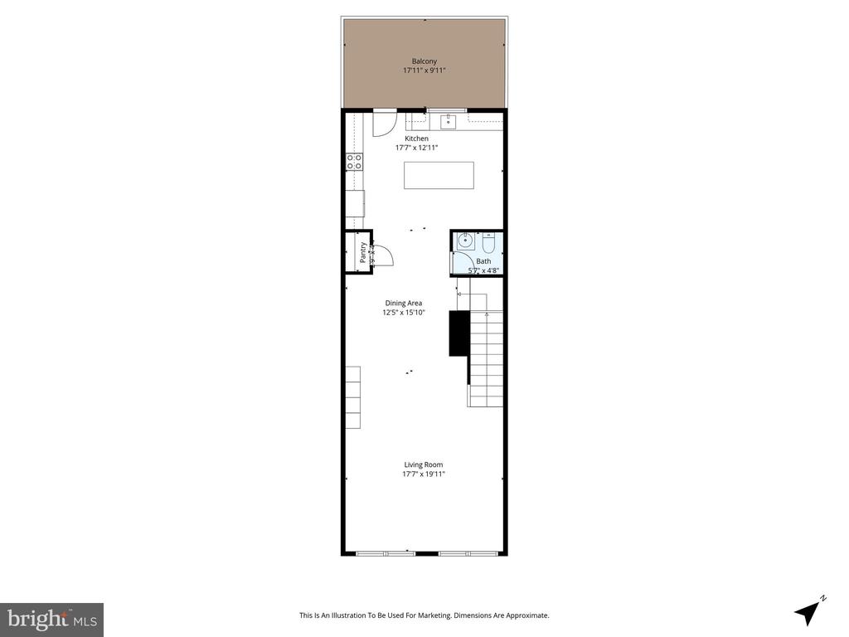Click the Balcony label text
[424, 61]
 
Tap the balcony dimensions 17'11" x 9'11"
[424, 71]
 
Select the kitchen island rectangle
[439, 175]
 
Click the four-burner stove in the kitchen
[354, 162]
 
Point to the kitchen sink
[448, 123]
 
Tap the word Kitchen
[416, 139]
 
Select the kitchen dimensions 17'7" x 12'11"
[416, 148]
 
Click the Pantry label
[362, 251]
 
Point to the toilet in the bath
[488, 244]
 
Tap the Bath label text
[483, 261]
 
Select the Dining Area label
[403, 304]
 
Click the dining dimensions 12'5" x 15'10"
[403, 313]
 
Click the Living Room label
[424, 465]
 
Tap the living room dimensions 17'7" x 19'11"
[424, 474]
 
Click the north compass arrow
[808, 611]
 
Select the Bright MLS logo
[51, 619]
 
